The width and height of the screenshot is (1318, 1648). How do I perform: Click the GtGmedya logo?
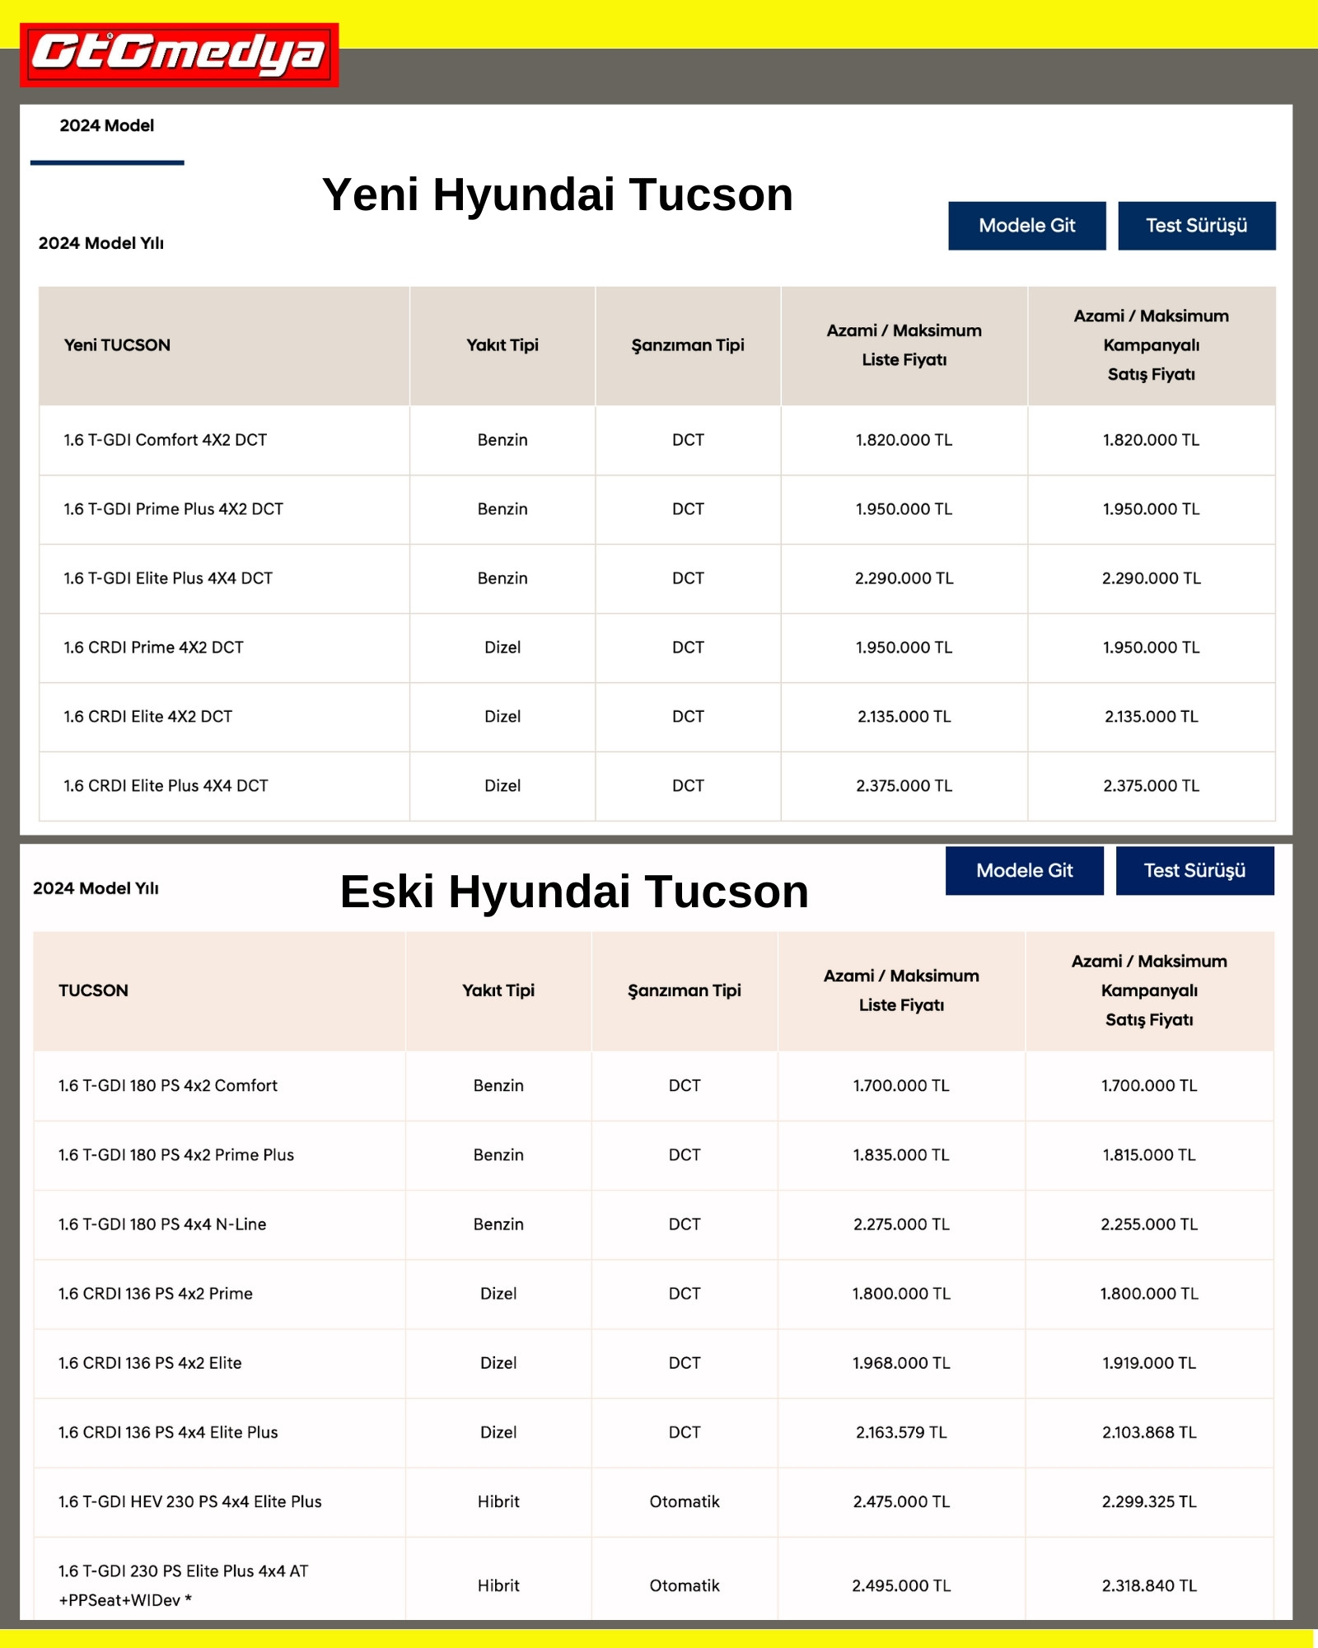179,54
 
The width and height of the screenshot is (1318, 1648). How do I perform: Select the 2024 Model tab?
106,126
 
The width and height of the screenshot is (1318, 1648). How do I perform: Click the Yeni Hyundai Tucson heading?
557,195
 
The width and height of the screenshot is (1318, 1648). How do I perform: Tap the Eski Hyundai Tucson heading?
574,892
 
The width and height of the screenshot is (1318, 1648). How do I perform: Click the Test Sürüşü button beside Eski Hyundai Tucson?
1194,871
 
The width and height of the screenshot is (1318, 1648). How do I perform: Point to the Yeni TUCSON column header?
117,345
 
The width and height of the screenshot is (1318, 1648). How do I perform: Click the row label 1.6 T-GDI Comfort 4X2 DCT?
166,440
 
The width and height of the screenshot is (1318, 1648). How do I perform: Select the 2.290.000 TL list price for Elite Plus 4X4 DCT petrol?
904,578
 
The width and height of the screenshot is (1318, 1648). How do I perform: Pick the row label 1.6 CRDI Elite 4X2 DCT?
148,717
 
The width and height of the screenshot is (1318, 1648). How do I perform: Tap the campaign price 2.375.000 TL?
1151,786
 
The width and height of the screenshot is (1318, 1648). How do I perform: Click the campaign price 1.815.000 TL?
1149,1155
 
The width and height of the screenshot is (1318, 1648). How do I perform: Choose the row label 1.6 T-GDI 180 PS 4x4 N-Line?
162,1224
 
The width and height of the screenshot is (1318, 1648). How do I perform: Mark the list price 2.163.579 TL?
901,1433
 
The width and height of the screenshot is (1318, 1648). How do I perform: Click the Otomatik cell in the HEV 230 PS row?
684,1502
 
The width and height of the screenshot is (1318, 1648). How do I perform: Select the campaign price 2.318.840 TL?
1149,1586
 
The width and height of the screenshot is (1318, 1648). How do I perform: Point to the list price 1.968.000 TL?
901,1364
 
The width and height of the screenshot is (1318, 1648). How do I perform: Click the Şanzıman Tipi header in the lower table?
684,990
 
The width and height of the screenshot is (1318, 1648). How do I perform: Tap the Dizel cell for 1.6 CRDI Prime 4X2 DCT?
502,648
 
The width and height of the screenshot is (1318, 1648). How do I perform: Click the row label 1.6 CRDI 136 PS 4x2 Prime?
156,1294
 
